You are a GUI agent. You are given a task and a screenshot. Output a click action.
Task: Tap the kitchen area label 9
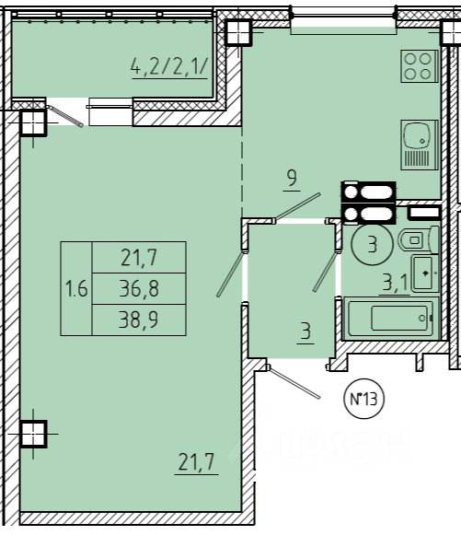click(x=292, y=178)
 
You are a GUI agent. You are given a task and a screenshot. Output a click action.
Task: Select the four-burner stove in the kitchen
click(x=419, y=66)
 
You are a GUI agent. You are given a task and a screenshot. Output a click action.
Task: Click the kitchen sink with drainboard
click(x=420, y=145)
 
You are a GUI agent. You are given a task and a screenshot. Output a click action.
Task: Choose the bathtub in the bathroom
click(x=391, y=319)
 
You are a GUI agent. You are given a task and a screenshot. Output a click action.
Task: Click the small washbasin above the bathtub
click(x=425, y=273)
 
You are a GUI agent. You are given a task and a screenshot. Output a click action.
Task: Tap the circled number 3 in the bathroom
click(x=373, y=244)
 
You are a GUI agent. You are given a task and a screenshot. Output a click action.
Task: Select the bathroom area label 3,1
click(x=396, y=282)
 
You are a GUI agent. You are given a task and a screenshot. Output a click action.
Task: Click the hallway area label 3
click(x=305, y=331)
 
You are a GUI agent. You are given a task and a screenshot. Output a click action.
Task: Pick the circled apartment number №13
click(x=364, y=399)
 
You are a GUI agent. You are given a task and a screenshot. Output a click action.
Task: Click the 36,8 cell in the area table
click(x=139, y=288)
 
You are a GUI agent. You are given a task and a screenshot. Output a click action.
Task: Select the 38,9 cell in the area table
click(x=139, y=320)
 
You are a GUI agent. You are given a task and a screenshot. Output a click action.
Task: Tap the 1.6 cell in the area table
click(x=76, y=288)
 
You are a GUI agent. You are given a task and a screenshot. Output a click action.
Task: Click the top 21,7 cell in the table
click(x=139, y=258)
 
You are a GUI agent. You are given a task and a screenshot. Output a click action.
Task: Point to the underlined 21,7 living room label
click(x=196, y=461)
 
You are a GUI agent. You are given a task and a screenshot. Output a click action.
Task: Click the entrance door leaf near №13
click(x=294, y=382)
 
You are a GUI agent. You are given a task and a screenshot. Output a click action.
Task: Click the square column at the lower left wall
click(x=33, y=434)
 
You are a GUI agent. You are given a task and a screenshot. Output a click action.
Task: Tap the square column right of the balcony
click(x=239, y=32)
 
